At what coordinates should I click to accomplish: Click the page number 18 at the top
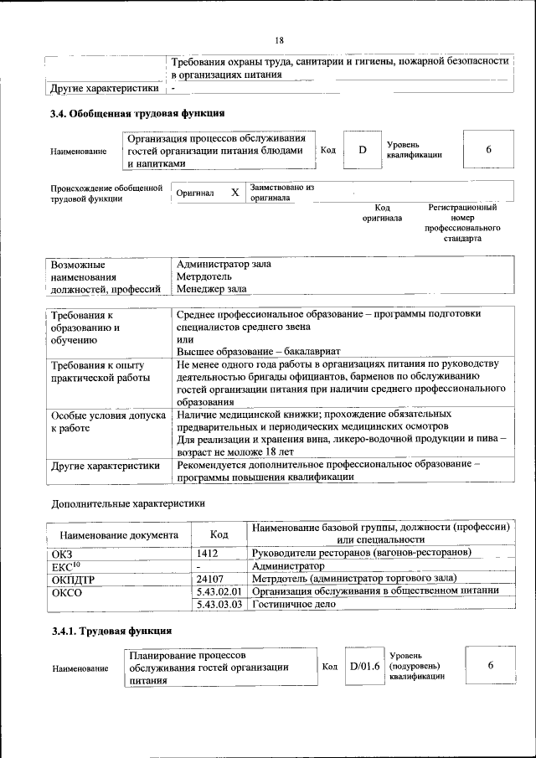point(280,40)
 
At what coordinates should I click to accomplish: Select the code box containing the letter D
point(363,150)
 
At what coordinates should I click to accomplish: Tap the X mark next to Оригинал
point(234,193)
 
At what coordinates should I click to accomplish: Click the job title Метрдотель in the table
point(204,276)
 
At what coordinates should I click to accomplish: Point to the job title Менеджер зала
point(212,289)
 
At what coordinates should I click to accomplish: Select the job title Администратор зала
point(224,263)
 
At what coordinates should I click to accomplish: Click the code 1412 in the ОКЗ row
point(208,553)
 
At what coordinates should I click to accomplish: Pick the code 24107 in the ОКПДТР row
point(210,578)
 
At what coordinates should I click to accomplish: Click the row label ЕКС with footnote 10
point(66,565)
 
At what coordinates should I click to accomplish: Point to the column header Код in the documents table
point(219,534)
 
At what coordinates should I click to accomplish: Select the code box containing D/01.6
point(364,666)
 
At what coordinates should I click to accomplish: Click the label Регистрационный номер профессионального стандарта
point(462,222)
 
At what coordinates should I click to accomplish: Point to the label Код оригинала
point(382,213)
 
